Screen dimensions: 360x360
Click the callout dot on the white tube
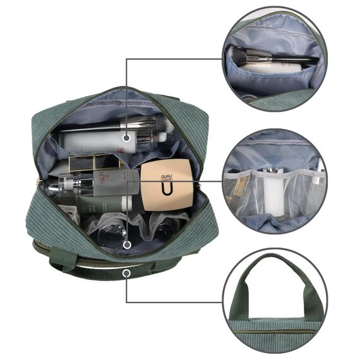click(x=127, y=136)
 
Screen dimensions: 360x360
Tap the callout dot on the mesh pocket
click(x=127, y=243)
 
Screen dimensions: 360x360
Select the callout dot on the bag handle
click(x=127, y=273)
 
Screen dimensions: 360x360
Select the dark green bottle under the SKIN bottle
click(x=101, y=203)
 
